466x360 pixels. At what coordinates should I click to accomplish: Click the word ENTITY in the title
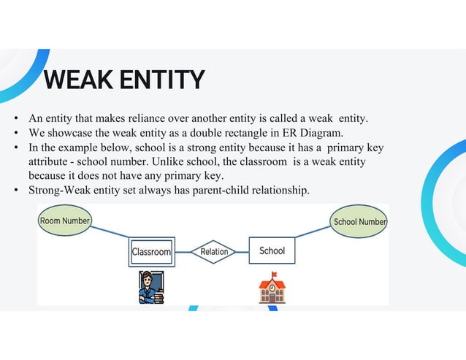click(161, 79)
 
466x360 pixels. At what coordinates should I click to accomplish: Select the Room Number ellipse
click(65, 221)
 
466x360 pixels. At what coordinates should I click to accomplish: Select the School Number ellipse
click(359, 221)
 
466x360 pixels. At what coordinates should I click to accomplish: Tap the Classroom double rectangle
click(151, 252)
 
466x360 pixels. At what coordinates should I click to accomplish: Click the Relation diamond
click(214, 252)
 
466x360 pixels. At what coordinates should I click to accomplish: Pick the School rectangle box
click(272, 251)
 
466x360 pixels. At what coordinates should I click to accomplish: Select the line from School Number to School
click(314, 231)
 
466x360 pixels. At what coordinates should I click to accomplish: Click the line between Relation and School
click(242, 252)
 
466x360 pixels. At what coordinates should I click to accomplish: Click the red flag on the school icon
click(275, 275)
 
